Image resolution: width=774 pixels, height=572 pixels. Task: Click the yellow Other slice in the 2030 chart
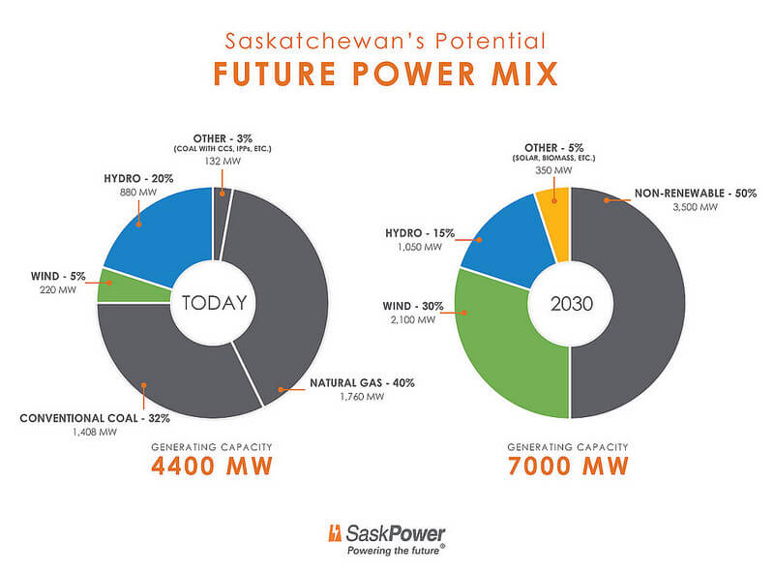[553, 224]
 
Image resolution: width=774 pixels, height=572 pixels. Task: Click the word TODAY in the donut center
[214, 303]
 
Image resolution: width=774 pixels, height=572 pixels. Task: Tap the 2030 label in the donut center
[571, 303]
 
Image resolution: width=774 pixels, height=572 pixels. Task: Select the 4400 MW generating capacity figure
[212, 466]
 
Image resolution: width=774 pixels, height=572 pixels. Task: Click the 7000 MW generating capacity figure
[568, 466]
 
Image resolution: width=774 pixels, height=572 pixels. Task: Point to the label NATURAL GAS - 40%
[362, 383]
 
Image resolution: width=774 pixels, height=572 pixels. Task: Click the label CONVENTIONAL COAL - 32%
[95, 418]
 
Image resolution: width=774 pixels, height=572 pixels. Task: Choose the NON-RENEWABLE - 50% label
[696, 194]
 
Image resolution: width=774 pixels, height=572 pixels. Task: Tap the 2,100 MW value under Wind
[413, 320]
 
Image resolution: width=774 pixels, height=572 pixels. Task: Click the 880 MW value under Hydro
[138, 193]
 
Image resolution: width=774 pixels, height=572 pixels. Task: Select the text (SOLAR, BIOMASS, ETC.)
[553, 158]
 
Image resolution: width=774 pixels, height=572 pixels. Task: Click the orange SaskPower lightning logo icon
[335, 533]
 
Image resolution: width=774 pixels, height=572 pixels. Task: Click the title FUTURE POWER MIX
[385, 74]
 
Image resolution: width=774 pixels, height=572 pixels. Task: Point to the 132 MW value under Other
[223, 161]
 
